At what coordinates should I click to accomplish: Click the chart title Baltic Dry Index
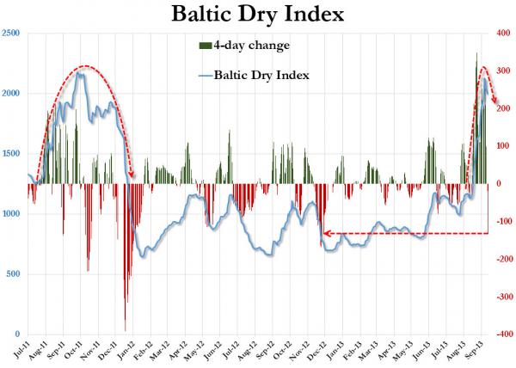click(258, 15)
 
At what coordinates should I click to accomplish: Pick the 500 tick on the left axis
click(14, 274)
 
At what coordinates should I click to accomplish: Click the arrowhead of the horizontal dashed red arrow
click(327, 233)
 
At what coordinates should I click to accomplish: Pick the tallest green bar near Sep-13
click(476, 55)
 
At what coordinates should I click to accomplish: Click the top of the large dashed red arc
click(83, 66)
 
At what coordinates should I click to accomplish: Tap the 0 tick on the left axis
click(18, 334)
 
